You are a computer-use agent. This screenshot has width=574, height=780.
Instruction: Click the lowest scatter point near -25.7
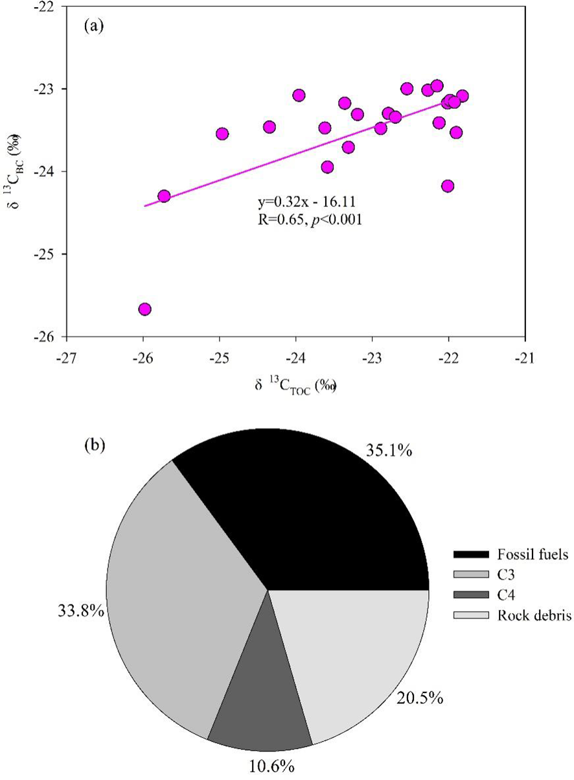pyautogui.click(x=144, y=309)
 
